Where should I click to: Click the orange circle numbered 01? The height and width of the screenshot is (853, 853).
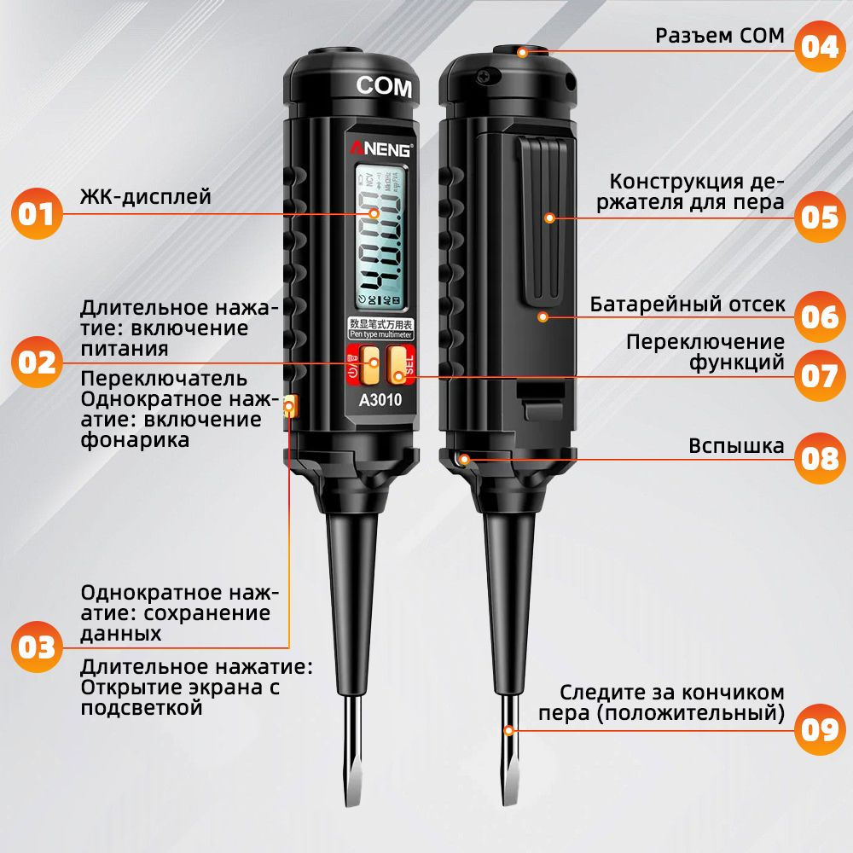(x=38, y=213)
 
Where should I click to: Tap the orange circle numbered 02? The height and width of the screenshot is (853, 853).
(x=38, y=363)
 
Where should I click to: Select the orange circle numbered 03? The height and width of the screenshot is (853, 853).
(x=38, y=647)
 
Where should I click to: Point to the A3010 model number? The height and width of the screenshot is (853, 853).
(x=380, y=398)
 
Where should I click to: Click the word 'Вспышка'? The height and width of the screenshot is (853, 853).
(x=736, y=446)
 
